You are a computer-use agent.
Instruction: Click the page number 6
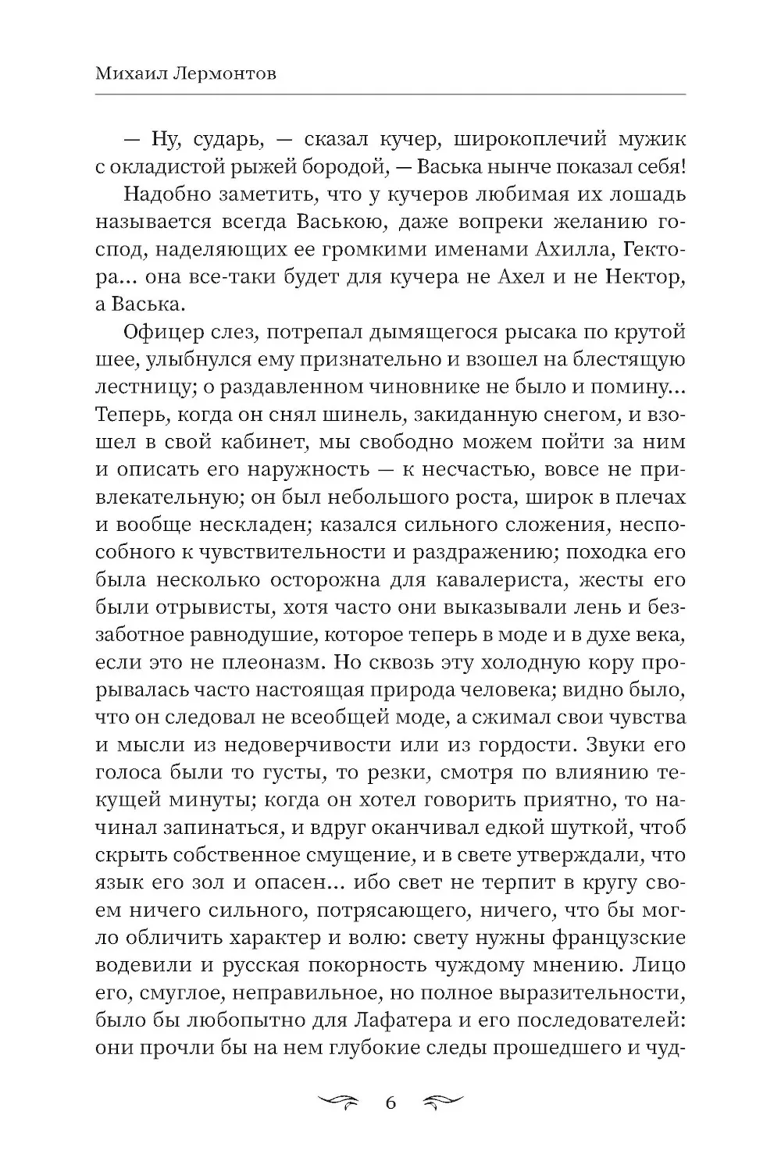pyautogui.click(x=391, y=1103)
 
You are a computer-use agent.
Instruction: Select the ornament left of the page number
pyautogui.click(x=337, y=1103)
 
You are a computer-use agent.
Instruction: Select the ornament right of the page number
pyautogui.click(x=443, y=1103)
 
